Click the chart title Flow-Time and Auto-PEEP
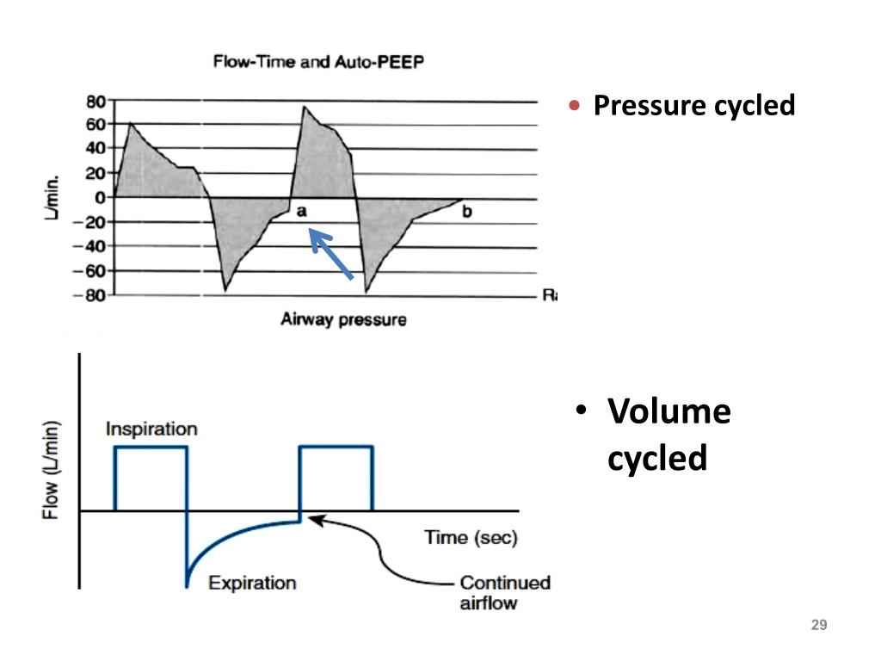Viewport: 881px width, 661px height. point(318,63)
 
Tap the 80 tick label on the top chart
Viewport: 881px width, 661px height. point(95,101)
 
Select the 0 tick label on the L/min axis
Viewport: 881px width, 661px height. point(100,197)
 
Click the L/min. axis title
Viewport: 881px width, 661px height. point(52,197)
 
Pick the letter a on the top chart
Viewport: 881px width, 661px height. point(302,210)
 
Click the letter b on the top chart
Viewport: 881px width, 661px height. point(466,211)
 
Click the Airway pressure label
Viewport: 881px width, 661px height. point(343,320)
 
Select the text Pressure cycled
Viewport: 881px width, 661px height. point(694,107)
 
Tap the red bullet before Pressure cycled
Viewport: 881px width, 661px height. point(576,106)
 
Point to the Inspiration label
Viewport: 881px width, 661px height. point(151,429)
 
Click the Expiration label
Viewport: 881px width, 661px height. point(252,583)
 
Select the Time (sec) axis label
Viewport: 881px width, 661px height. point(471,538)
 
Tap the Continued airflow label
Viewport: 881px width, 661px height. point(504,592)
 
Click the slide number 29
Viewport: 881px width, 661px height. point(819,625)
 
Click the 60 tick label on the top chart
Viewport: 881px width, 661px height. point(95,124)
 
